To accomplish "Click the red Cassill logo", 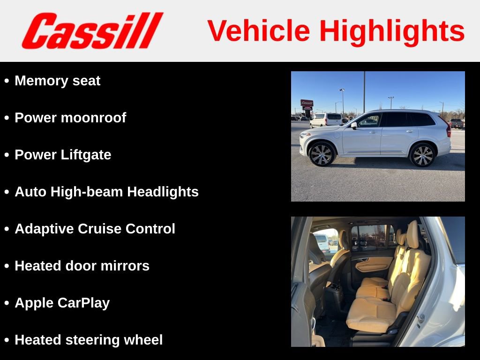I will click(92, 31).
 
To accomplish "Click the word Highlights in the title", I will click(392, 31).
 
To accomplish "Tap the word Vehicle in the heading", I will click(259, 31).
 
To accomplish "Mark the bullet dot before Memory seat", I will click(7, 81).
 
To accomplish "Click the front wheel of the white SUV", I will click(322, 154).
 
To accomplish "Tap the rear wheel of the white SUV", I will click(422, 155).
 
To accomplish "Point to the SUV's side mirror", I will click(354, 126).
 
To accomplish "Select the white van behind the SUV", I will click(326, 119).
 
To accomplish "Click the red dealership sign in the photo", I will click(307, 103).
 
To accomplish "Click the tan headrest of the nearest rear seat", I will click(412, 234).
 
